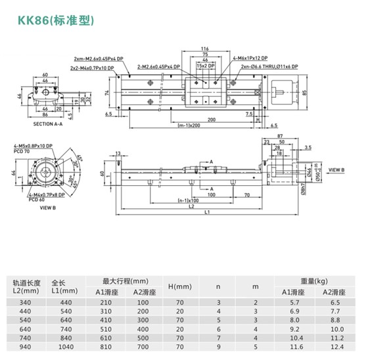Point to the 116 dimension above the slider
point(204,49)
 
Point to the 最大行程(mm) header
point(122,281)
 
